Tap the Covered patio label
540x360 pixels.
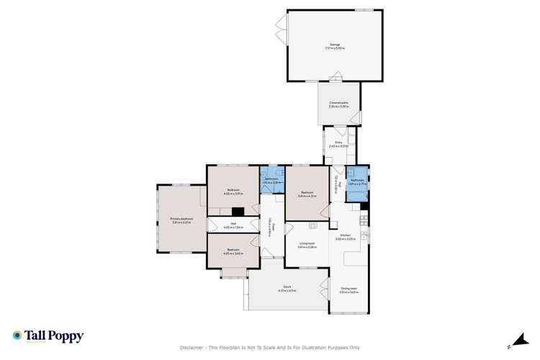[339, 105]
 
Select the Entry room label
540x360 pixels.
[339, 144]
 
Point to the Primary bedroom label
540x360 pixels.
[181, 220]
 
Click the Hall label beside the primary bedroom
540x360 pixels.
[233, 225]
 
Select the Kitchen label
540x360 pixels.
[345, 237]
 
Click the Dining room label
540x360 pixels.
[348, 290]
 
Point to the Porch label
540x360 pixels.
[287, 289]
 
